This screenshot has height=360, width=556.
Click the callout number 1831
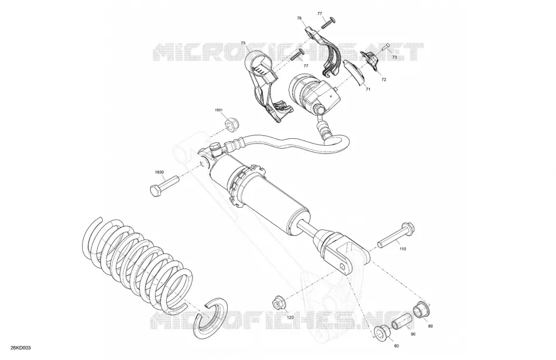click(x=218, y=110)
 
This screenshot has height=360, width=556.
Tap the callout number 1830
click(x=160, y=172)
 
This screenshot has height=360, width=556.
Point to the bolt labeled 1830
click(x=164, y=185)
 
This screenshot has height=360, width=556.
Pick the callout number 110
click(x=403, y=249)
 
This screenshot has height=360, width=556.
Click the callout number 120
click(x=290, y=317)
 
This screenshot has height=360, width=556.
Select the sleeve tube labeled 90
click(x=401, y=321)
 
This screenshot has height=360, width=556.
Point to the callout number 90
click(x=413, y=334)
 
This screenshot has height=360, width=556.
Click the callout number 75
click(x=243, y=43)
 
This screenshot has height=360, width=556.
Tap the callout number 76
click(x=299, y=18)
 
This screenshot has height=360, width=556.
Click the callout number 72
click(x=384, y=80)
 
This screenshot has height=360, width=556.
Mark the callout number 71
click(x=368, y=90)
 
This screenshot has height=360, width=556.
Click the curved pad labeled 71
click(x=353, y=72)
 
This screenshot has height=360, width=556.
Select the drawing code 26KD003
click(x=20, y=348)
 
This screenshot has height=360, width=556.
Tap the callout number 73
click(x=394, y=57)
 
